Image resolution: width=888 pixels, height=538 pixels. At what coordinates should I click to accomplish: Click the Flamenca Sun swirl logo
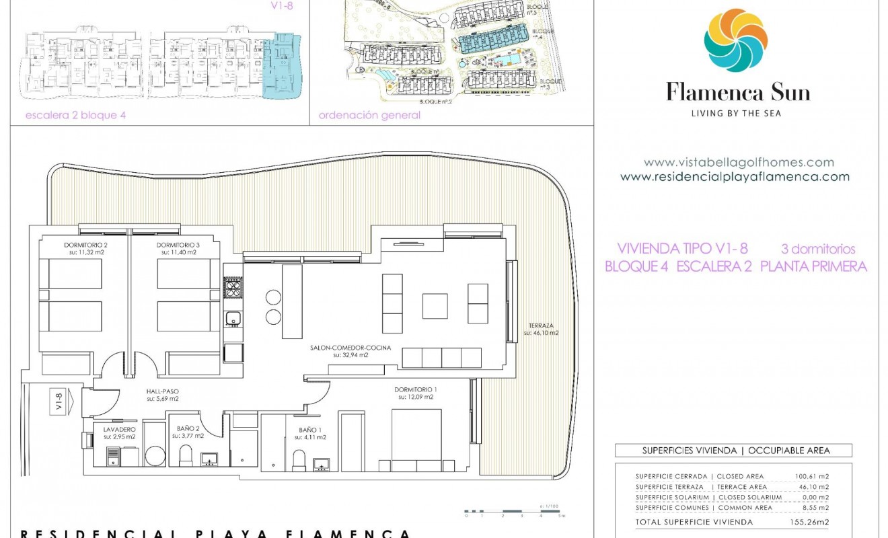pyautogui.click(x=735, y=41)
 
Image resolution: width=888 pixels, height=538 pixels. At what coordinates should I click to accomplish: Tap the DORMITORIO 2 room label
pyautogui.click(x=73, y=248)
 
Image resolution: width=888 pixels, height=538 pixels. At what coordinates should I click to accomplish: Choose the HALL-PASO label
pyautogui.click(x=162, y=395)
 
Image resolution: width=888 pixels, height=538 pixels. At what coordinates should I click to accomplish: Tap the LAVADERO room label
pyautogui.click(x=120, y=432)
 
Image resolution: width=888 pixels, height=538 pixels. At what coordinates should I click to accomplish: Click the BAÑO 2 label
pyautogui.click(x=188, y=432)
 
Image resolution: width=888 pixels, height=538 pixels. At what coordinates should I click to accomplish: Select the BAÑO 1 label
pyautogui.click(x=312, y=432)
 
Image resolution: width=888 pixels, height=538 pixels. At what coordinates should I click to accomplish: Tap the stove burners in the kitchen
pyautogui.click(x=233, y=289)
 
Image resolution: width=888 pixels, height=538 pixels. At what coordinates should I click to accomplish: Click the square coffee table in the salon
pyautogui.click(x=435, y=306)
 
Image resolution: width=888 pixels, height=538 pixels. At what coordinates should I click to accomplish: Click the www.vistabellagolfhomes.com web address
pyautogui.click(x=738, y=162)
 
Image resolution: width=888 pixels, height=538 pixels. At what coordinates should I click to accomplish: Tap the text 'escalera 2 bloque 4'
pyautogui.click(x=75, y=115)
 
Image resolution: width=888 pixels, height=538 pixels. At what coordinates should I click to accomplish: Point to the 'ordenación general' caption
pyautogui.click(x=369, y=115)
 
